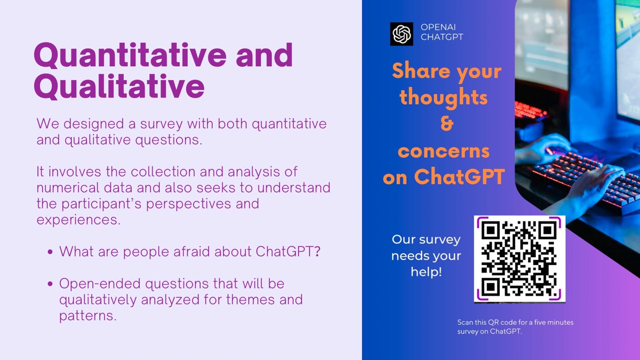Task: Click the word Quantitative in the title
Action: click(130, 55)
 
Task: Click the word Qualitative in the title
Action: click(119, 86)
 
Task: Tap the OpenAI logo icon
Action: click(402, 34)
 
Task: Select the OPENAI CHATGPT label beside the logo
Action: click(442, 32)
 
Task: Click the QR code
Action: click(519, 259)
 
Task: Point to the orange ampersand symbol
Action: click(447, 124)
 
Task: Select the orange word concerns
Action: click(444, 151)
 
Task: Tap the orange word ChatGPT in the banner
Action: click(459, 177)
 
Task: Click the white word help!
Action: click(426, 271)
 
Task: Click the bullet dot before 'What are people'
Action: click(50, 252)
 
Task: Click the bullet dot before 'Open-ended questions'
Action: click(50, 284)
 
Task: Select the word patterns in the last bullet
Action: click(88, 316)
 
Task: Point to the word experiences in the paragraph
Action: click(78, 220)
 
